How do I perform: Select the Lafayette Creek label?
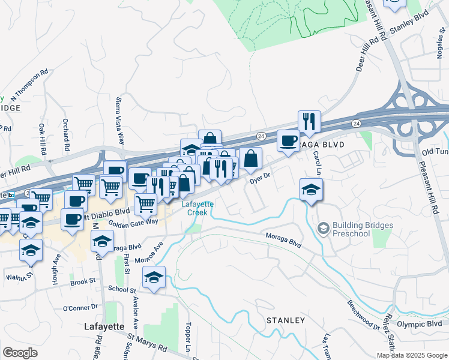(x=194, y=208)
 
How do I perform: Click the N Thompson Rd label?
(x=29, y=85)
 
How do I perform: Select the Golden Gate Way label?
(x=133, y=221)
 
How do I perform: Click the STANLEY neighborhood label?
(x=286, y=320)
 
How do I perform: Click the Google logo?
(x=20, y=353)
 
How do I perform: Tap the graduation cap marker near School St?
(x=154, y=278)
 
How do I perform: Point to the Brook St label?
(x=83, y=281)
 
